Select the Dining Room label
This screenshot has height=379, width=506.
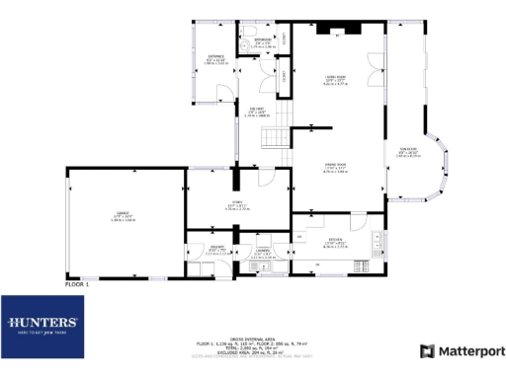point(335,168)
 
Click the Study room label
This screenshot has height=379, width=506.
point(235,206)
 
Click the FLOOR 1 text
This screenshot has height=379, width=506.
point(77,284)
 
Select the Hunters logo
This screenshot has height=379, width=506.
point(42,327)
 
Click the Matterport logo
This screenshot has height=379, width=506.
point(463,350)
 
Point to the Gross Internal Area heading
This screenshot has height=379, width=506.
point(252,336)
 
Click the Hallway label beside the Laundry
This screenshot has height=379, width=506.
point(215,251)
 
